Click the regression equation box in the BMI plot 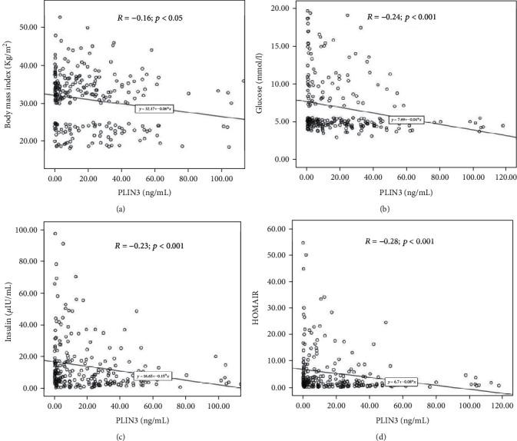tap(154, 109)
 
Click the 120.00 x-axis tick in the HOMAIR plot tap(502, 404)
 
